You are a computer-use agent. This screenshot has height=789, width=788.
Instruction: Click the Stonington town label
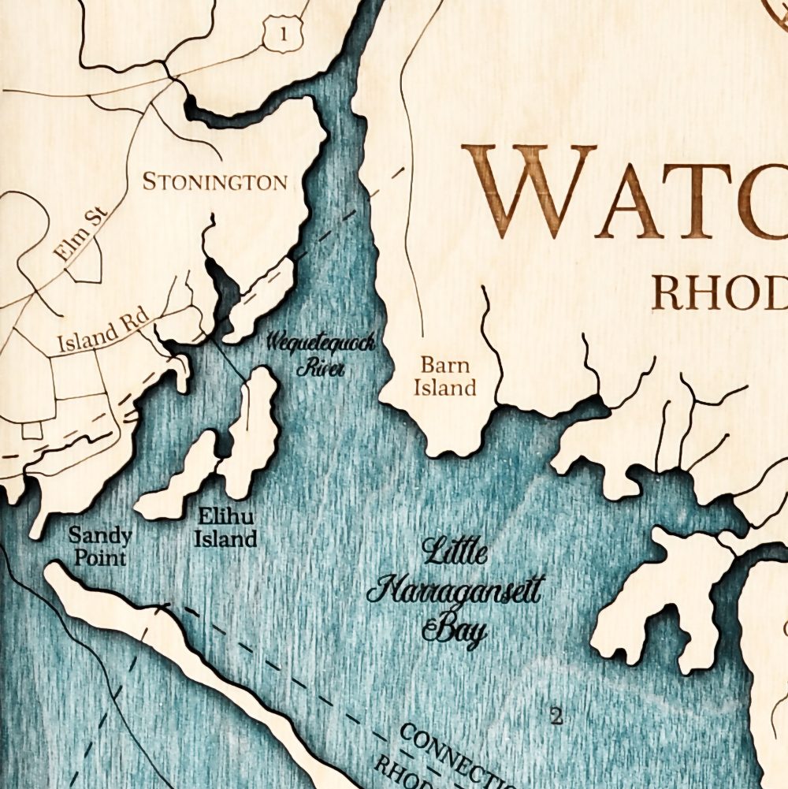pyautogui.click(x=214, y=182)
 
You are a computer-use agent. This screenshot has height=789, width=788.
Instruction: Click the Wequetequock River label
pyautogui.click(x=320, y=354)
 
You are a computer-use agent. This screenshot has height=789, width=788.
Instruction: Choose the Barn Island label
pyautogui.click(x=446, y=377)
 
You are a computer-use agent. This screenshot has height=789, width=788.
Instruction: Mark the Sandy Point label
pyautogui.click(x=100, y=546)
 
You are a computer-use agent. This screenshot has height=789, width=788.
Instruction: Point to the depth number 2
pyautogui.click(x=557, y=716)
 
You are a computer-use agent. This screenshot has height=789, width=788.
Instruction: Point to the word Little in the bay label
pyautogui.click(x=455, y=552)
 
